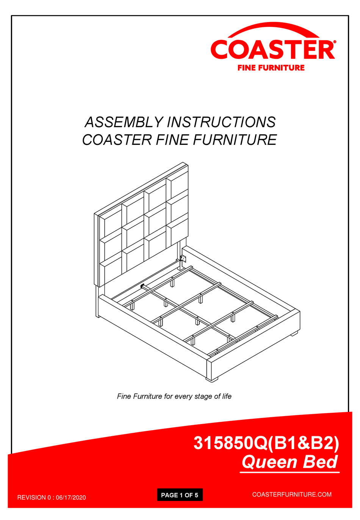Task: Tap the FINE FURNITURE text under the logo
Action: click(271, 68)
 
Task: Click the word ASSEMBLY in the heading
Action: click(124, 122)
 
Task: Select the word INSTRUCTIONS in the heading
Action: click(221, 122)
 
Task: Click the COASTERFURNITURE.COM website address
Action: click(292, 495)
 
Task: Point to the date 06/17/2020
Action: click(71, 498)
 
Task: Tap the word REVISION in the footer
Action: click(31, 498)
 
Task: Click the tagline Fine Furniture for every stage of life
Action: click(174, 396)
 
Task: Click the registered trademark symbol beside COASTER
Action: click(334, 42)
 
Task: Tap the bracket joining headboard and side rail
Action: click(183, 259)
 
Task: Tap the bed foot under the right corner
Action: click(294, 334)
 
